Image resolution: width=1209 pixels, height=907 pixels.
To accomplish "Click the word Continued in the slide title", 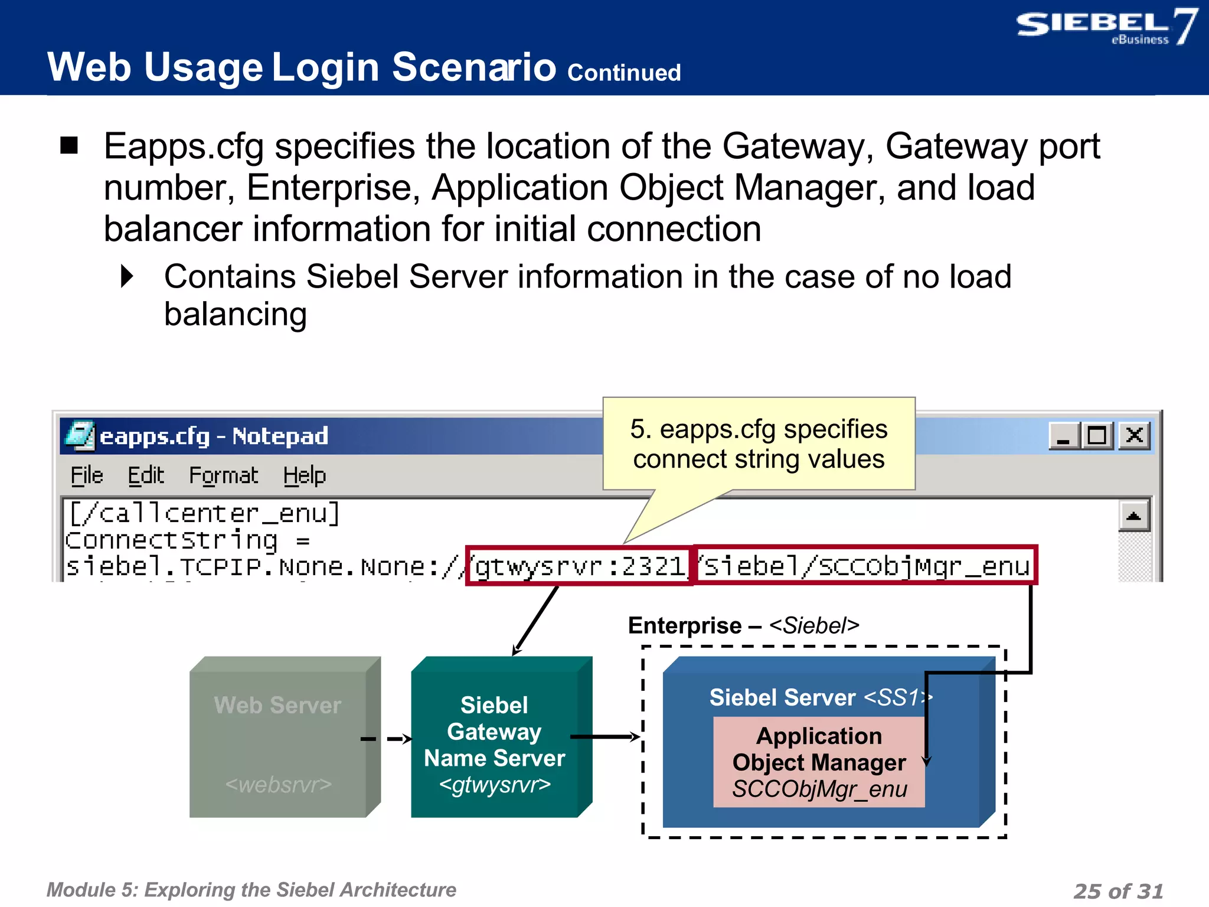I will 623,73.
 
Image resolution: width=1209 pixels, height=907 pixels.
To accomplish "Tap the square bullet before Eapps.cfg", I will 69,145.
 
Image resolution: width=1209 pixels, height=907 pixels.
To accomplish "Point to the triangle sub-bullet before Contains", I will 127,276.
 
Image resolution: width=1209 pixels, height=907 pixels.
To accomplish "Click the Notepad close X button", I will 1134,436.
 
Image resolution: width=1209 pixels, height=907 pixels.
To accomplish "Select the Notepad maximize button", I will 1097,436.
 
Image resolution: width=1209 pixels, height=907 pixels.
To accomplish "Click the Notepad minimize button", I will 1064,436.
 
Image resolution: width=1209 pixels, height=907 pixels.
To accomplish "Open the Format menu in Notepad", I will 223,475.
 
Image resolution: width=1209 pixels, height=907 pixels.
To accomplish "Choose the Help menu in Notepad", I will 304,475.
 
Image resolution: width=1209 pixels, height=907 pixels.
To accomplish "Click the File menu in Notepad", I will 87,475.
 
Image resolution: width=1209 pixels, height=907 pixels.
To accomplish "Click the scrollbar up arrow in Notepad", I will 1133,516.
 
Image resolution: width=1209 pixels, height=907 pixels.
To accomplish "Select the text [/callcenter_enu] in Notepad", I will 204,513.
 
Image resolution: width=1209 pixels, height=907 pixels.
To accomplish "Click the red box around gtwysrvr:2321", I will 579,566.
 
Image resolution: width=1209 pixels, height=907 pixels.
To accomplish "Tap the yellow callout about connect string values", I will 759,444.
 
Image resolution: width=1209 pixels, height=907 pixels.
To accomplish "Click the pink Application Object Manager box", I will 819,762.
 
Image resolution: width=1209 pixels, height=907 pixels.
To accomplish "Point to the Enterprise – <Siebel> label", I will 743,625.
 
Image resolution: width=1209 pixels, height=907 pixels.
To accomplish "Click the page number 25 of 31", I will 1117,890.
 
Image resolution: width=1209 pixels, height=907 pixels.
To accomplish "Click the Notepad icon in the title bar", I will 79,436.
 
